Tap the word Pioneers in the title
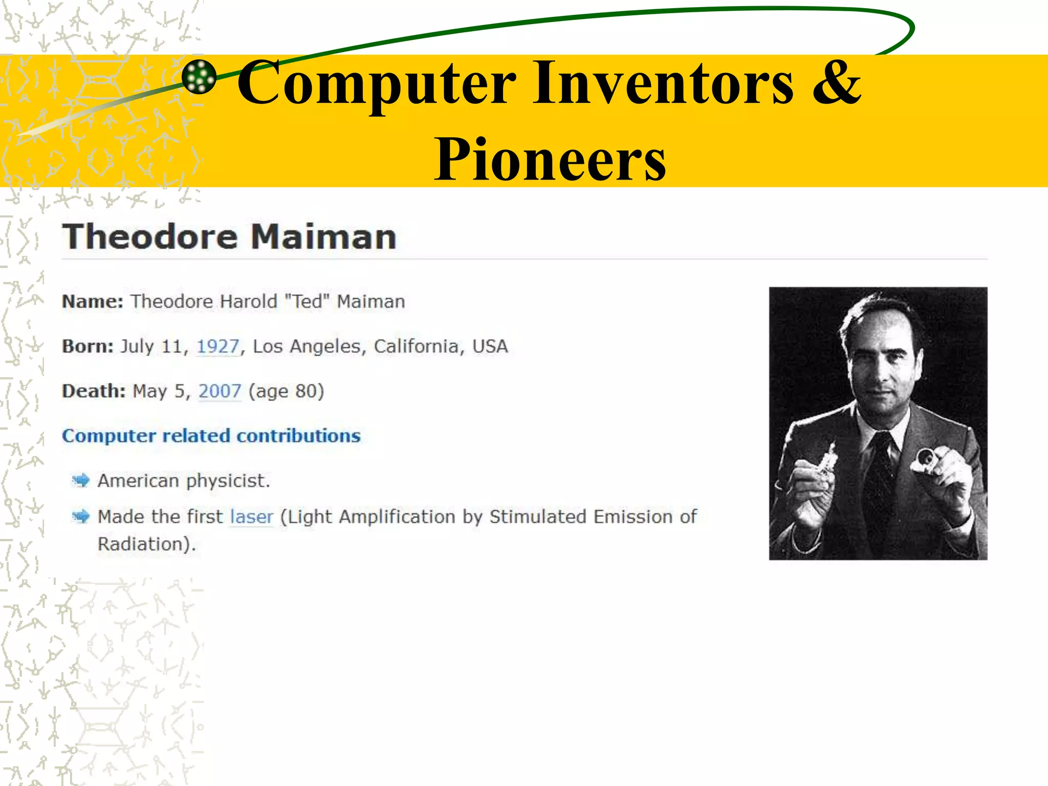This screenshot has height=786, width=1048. pyautogui.click(x=550, y=160)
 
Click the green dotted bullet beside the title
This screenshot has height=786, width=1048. pyautogui.click(x=199, y=77)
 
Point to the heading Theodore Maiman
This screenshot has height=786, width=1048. pyautogui.click(x=229, y=237)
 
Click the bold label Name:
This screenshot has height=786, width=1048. pyautogui.click(x=93, y=302)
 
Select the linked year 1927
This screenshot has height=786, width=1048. pyautogui.click(x=218, y=347)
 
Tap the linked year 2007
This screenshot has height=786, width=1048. pyautogui.click(x=220, y=391)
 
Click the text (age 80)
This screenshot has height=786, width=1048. pyautogui.click(x=286, y=391)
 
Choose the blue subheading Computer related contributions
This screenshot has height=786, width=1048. pyautogui.click(x=211, y=436)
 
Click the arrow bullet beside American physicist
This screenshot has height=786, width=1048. pyautogui.click(x=81, y=481)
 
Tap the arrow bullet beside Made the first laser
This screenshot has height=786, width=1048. pyautogui.click(x=81, y=516)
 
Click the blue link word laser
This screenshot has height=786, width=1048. pyautogui.click(x=251, y=517)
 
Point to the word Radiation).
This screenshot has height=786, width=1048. pyautogui.click(x=147, y=544)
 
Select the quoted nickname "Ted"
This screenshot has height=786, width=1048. pyautogui.click(x=307, y=302)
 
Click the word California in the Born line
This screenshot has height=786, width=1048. pyautogui.click(x=416, y=347)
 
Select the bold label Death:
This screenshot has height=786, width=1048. pyautogui.click(x=94, y=391)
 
